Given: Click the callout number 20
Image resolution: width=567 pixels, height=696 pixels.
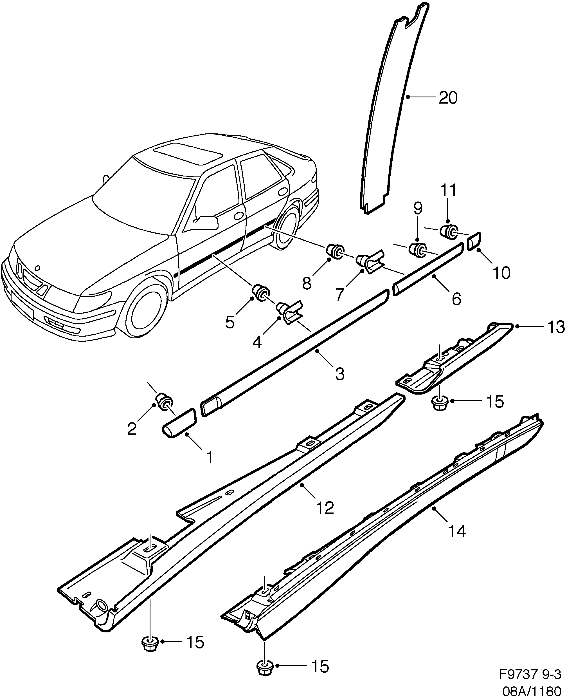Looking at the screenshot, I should (448, 98).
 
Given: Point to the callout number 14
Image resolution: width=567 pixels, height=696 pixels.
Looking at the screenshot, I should (456, 532).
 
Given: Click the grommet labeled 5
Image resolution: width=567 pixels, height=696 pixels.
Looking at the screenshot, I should (262, 292).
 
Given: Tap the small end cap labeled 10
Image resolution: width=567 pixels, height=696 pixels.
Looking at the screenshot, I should (474, 241).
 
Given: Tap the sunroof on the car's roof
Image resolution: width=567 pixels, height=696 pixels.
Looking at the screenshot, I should (188, 153).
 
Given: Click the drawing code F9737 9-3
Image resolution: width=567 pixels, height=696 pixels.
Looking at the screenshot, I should (529, 674).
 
